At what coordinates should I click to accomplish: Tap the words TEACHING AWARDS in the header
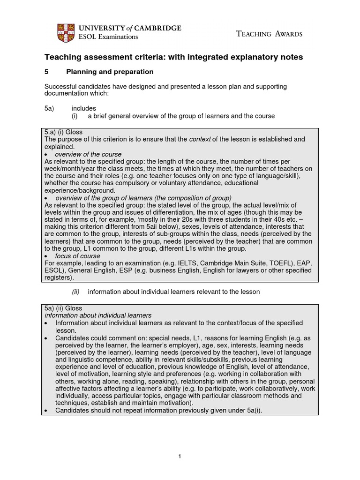pos(269,34)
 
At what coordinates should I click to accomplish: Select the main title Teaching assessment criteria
pos(173,57)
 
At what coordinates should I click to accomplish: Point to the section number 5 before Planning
pos(46,72)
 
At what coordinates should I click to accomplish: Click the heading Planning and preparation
pos(110,72)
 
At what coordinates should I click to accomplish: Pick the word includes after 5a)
pos(83,108)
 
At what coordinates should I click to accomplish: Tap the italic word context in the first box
pos(199,139)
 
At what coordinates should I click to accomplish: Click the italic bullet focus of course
pos(77,256)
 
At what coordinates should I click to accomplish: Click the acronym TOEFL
pos(277,263)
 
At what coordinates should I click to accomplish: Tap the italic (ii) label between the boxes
pos(76,292)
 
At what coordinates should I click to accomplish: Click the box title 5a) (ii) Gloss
pos(63,308)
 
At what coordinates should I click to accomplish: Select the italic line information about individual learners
pos(98,315)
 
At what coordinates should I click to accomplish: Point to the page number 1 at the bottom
pos(180,457)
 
